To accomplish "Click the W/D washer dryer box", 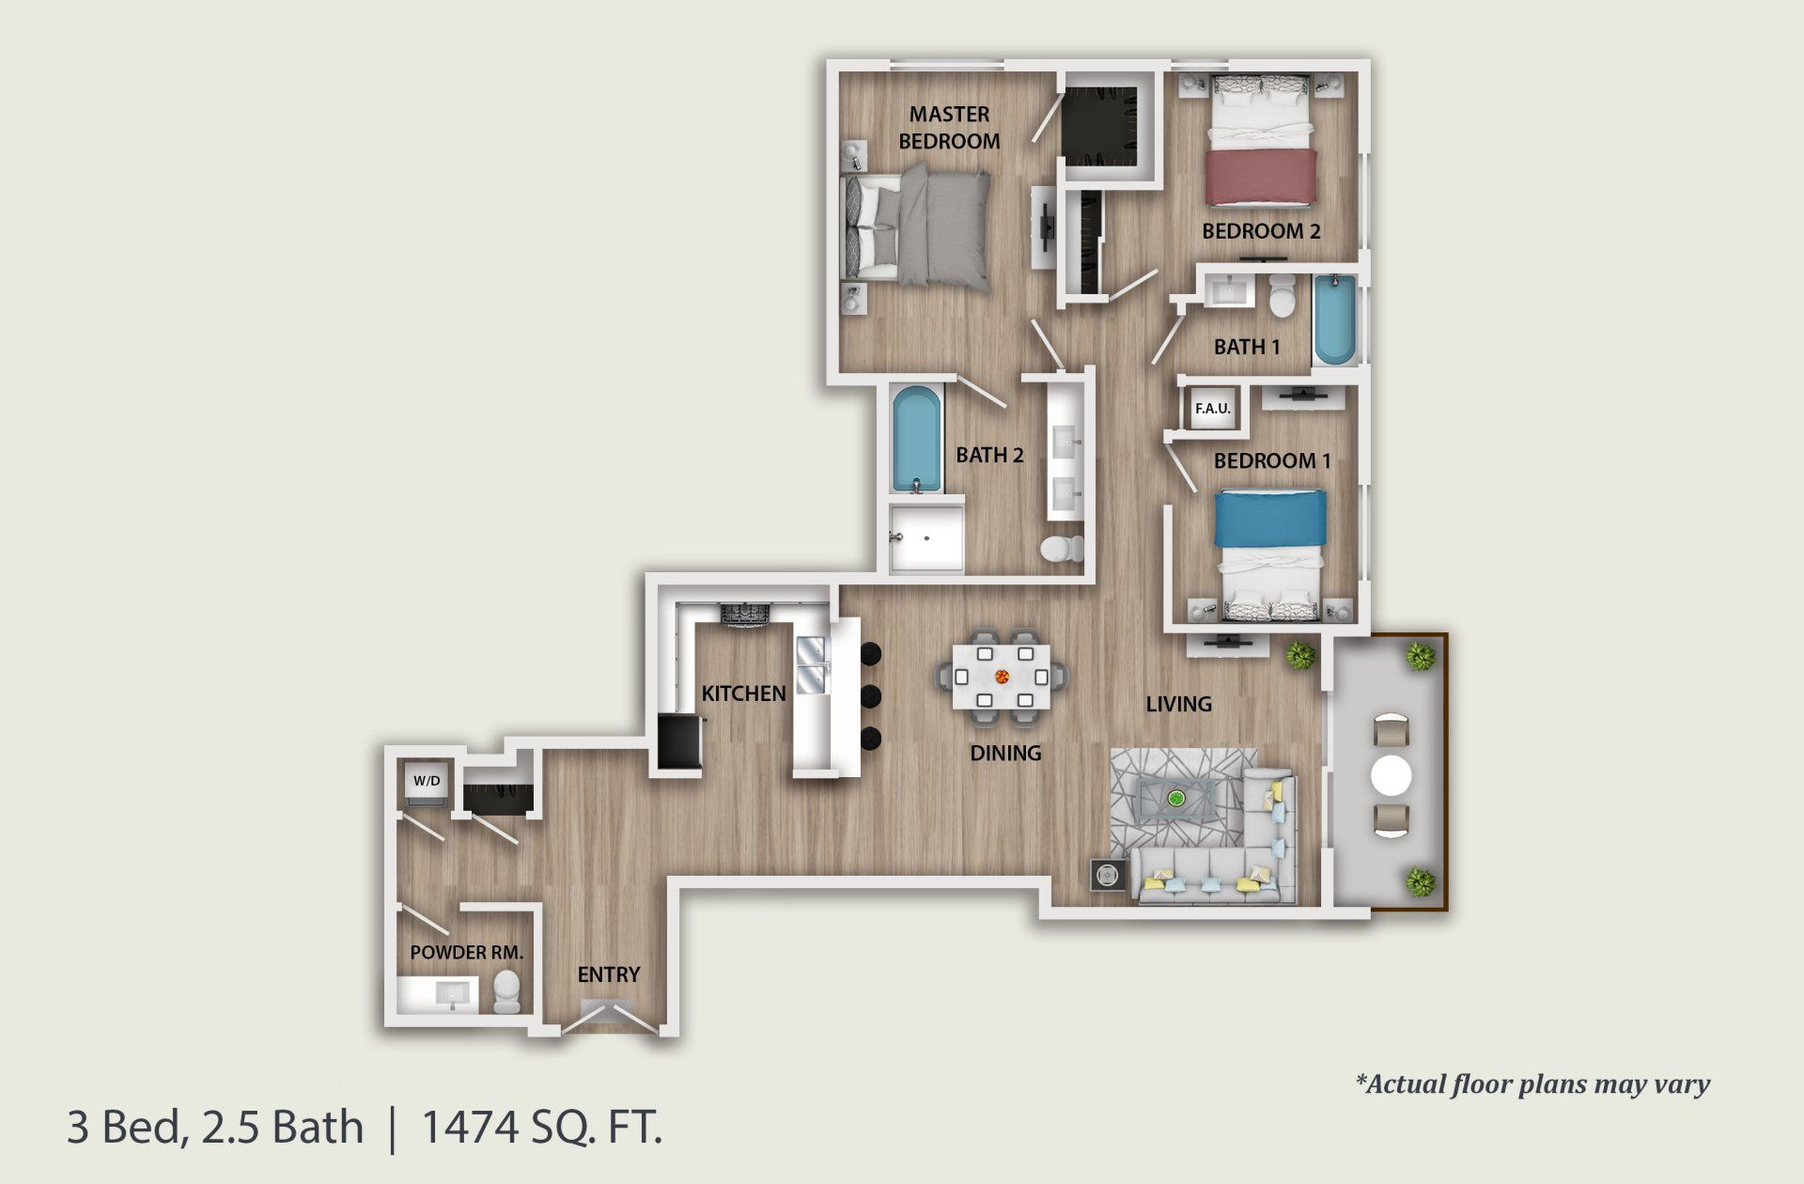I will tap(427, 781).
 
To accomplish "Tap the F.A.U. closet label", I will tap(1212, 409).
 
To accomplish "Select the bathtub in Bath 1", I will tap(1334, 319).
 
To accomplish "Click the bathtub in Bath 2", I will tap(916, 439).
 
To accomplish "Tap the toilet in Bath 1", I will tap(1282, 295).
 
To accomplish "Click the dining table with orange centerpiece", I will tap(1002, 676).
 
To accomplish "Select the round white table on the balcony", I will tap(1391, 777).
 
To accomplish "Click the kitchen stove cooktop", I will tap(744, 615).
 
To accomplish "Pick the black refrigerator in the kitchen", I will tap(678, 742).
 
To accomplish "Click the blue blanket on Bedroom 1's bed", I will tap(1270, 518).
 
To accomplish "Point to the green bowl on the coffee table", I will tap(1175, 799).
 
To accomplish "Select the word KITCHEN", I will tap(743, 693).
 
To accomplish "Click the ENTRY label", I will tap(608, 974).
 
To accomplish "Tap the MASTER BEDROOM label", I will tap(949, 128).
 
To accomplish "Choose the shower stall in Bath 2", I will tap(926, 539).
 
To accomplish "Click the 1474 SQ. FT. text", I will tap(542, 1127).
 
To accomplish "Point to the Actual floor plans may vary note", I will tap(1532, 1084).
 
